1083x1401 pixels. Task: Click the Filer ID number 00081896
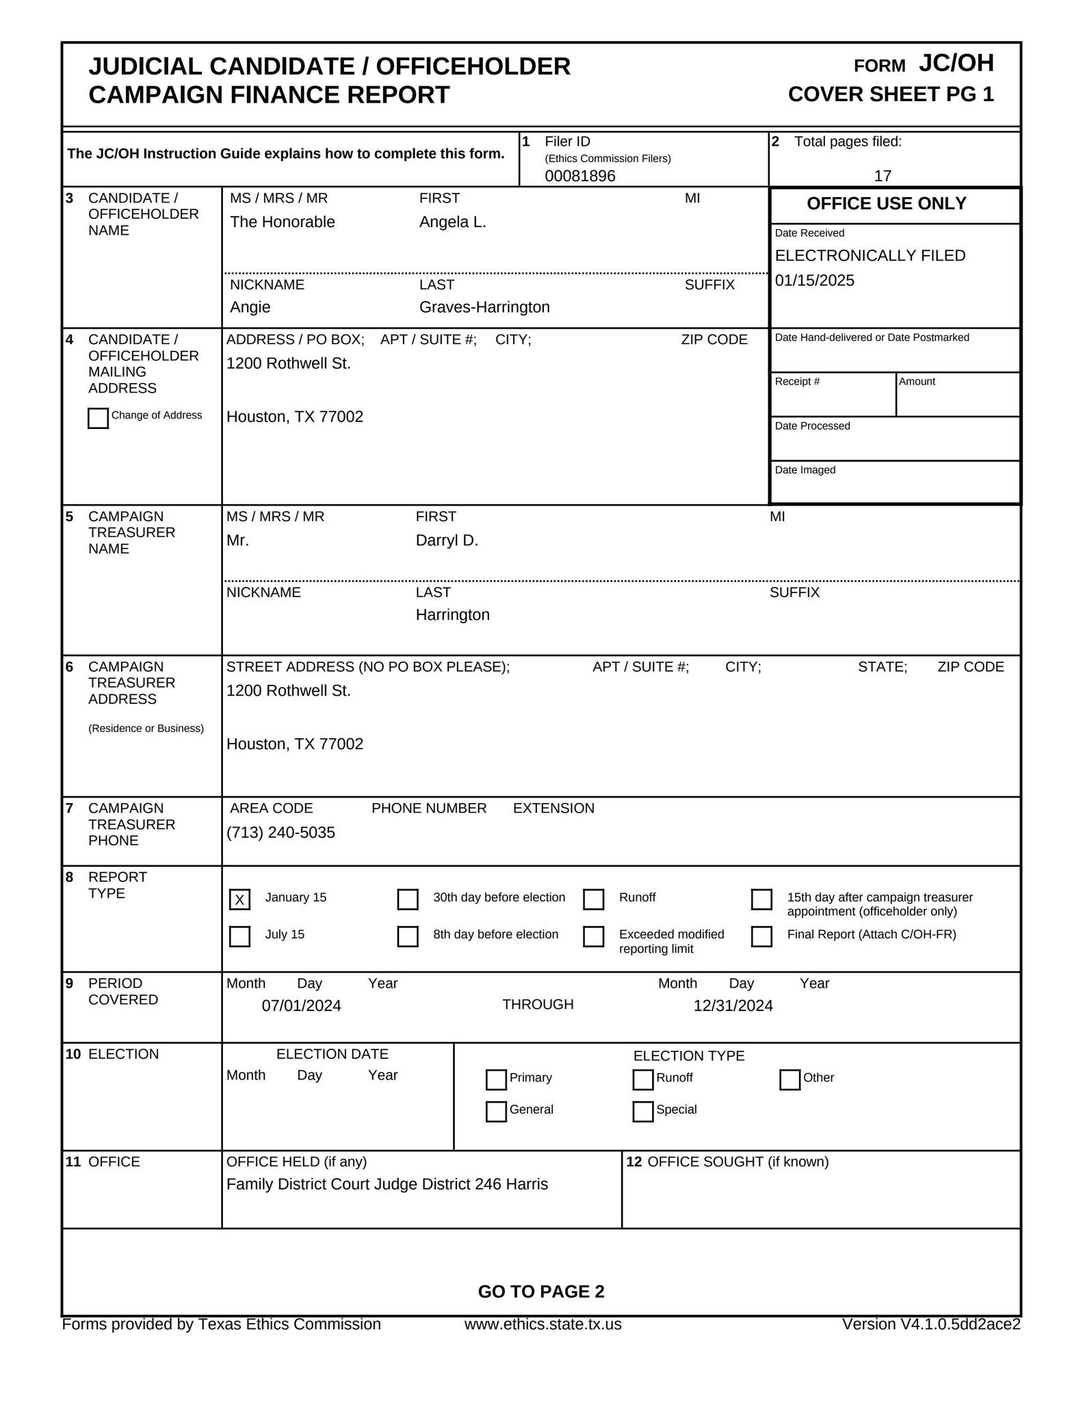click(x=579, y=176)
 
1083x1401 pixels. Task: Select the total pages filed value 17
click(x=882, y=176)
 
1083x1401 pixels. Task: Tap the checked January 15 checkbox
click(x=239, y=899)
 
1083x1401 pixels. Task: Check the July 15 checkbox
click(x=239, y=936)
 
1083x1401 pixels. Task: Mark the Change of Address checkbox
click(x=98, y=418)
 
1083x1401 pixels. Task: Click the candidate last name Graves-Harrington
click(x=484, y=307)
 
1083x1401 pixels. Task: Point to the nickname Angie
click(x=250, y=307)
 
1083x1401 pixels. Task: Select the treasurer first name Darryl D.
click(x=446, y=540)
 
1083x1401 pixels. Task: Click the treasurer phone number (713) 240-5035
click(x=280, y=833)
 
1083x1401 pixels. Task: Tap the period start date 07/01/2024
click(x=301, y=1006)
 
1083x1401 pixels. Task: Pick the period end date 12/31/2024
click(x=733, y=1006)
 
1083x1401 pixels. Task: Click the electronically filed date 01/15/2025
click(x=814, y=280)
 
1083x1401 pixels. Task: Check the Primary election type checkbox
click(x=496, y=1079)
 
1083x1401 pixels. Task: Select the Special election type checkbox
click(x=642, y=1111)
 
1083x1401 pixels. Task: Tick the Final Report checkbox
click(x=761, y=936)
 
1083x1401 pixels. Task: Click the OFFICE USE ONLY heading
click(x=886, y=204)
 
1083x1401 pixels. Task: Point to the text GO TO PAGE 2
click(x=540, y=1292)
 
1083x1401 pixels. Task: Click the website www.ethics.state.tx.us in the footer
click(x=543, y=1324)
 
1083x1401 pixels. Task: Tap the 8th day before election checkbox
click(x=408, y=936)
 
